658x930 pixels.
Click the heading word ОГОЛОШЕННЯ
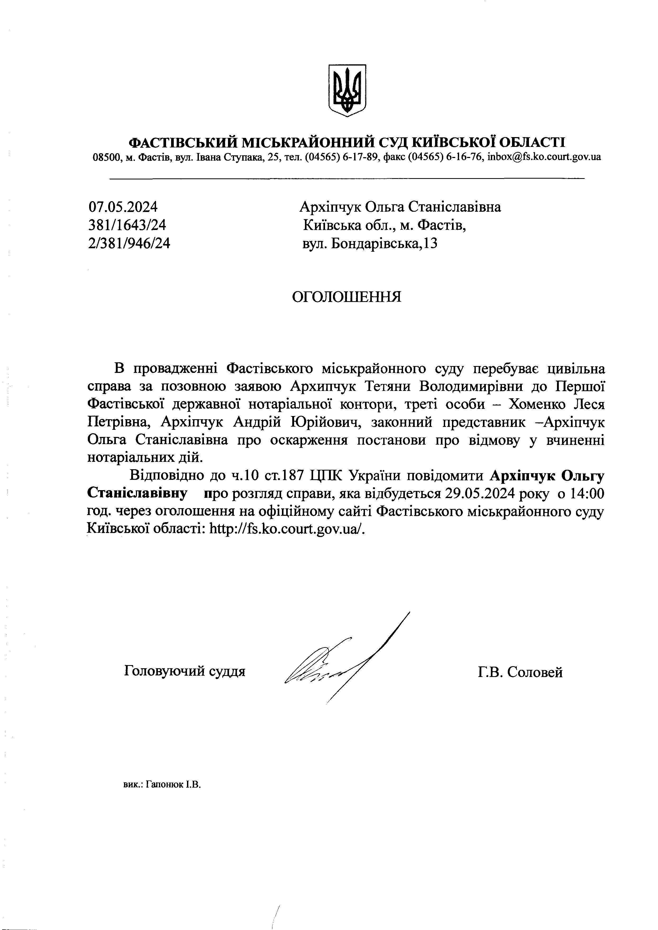(x=347, y=297)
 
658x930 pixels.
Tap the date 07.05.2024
(x=123, y=207)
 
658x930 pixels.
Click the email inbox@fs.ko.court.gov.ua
(x=544, y=157)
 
